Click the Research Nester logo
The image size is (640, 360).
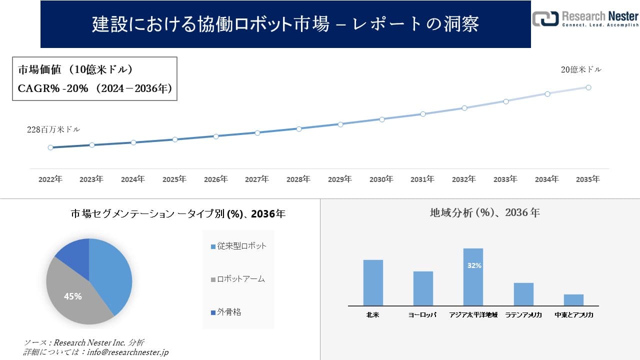pos(585,18)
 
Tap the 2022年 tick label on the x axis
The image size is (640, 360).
pos(50,179)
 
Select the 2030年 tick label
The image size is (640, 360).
pos(381,179)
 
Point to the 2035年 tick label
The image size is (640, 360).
pos(588,179)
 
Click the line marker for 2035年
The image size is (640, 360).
pos(588,87)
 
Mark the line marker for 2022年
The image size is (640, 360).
pos(50,147)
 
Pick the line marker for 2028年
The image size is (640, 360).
pos(299,128)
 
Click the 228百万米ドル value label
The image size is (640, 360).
pos(53,129)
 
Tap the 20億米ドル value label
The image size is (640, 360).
pos(581,70)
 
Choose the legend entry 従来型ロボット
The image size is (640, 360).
pos(238,246)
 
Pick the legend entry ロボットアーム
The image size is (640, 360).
pos(237,279)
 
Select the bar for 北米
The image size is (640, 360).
pos(373,282)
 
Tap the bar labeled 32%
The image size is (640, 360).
pos(473,277)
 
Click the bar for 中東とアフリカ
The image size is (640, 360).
pos(573,300)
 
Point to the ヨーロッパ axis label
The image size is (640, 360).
pos(422,315)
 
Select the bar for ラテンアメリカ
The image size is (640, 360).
pos(523,294)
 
